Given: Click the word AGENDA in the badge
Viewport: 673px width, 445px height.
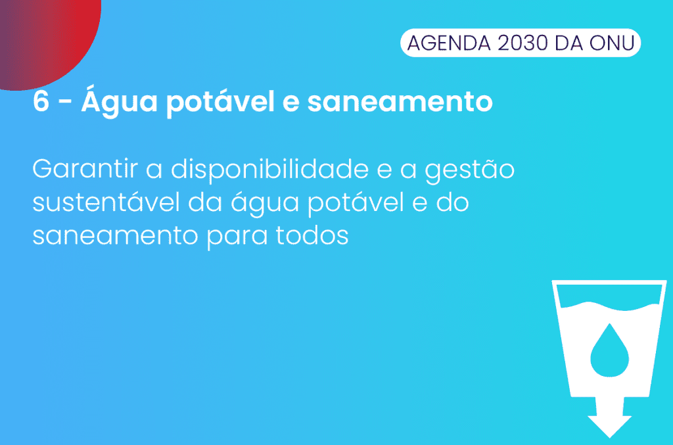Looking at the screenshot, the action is pos(448,43).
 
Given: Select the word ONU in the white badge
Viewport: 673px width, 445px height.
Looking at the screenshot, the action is pos(612,43).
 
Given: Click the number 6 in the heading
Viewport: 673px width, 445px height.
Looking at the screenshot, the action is pos(41,102).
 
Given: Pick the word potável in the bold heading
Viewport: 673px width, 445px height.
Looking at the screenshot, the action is pos(220,101).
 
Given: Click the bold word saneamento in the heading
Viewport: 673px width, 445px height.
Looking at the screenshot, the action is pos(400,102).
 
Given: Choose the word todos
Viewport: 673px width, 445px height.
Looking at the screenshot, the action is pos(312,235).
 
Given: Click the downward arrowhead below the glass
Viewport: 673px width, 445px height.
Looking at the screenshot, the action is pos(609,426).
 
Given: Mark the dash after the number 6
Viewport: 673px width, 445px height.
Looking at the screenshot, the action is pos(65,103).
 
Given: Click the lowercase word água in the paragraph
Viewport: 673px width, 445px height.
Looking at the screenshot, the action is pos(265,202).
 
